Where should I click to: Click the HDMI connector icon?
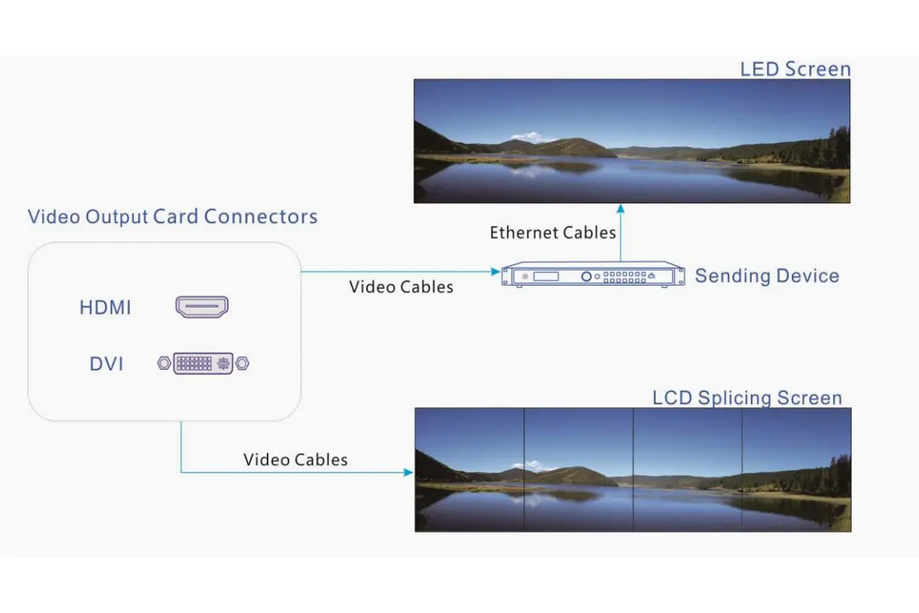point(203,307)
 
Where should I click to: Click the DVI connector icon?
point(204,363)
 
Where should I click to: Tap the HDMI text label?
point(106,308)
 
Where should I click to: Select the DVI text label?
point(106,364)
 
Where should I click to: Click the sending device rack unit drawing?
point(592,275)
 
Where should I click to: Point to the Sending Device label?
point(767,276)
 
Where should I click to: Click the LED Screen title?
point(795,69)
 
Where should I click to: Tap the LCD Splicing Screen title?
point(747,398)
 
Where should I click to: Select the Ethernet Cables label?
point(553,232)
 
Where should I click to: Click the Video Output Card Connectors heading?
point(172,216)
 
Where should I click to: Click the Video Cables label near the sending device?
point(401,287)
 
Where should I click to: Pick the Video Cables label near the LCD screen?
point(296,460)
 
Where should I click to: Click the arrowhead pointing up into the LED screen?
point(620,208)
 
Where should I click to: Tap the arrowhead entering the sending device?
point(495,271)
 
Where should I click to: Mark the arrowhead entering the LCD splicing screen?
point(409,473)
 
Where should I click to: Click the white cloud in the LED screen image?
point(534,138)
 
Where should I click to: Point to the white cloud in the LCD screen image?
point(535,465)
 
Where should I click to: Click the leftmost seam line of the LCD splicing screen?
point(524,470)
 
